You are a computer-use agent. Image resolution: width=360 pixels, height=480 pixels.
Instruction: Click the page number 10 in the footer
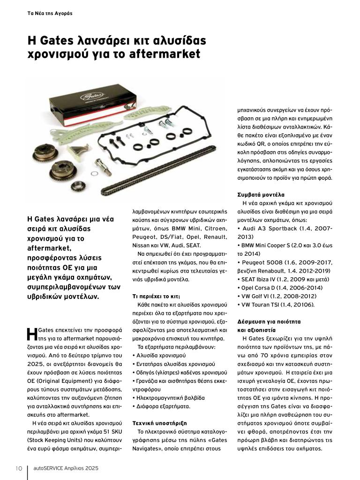point(19,468)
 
